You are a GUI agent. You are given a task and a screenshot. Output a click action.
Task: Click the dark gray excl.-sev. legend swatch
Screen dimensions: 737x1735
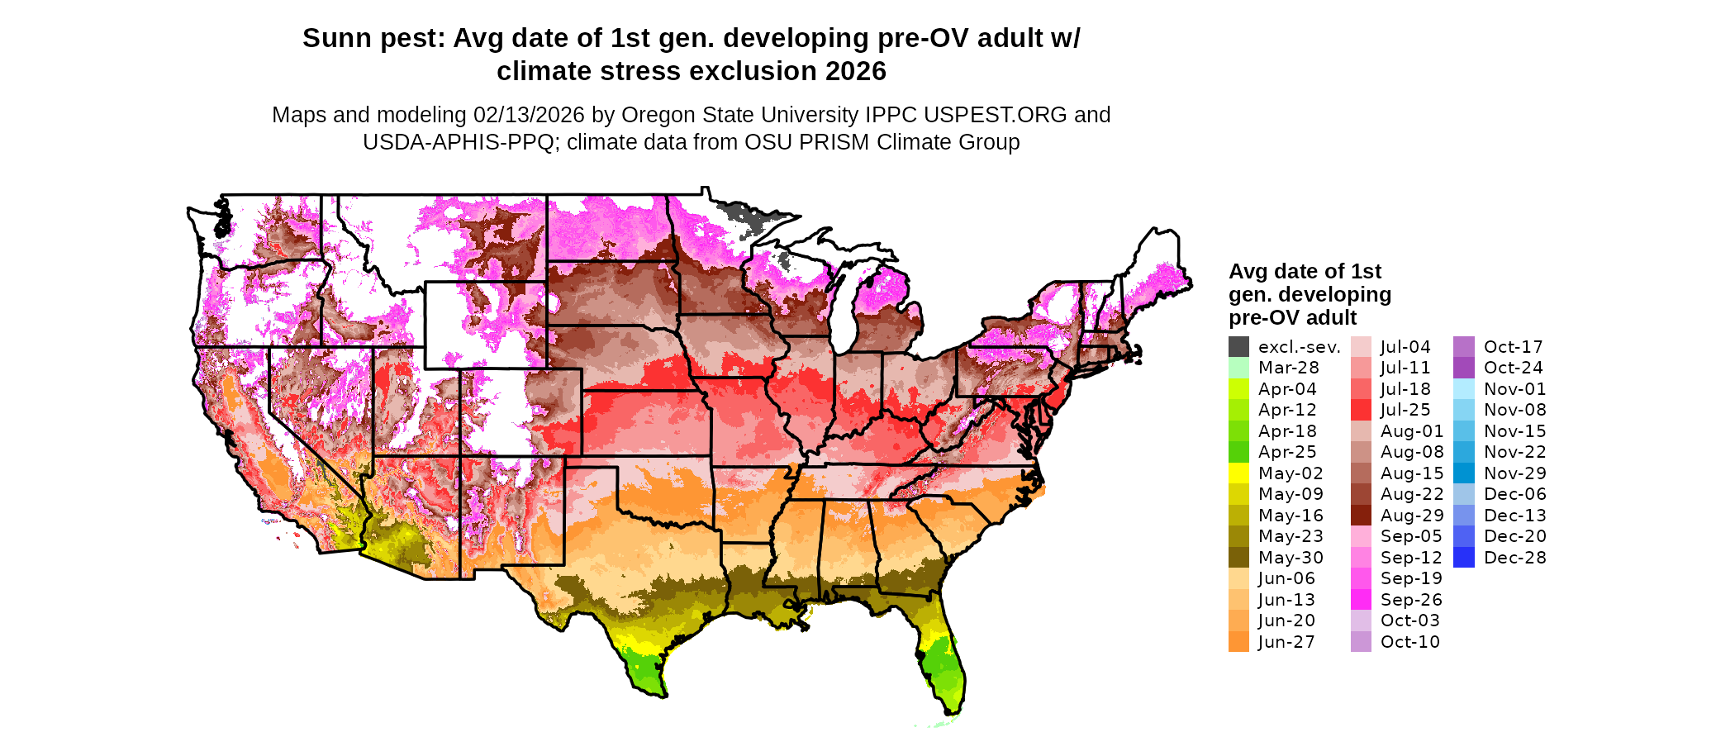tap(1238, 347)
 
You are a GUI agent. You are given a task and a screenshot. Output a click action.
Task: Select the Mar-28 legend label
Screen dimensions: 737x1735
tap(1288, 368)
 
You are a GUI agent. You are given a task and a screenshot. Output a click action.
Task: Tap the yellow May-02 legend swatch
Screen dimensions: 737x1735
tap(1238, 473)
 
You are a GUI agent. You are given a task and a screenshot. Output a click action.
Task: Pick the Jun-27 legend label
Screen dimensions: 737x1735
tap(1286, 642)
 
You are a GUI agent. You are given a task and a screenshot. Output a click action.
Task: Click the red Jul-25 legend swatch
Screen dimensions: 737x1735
tap(1361, 410)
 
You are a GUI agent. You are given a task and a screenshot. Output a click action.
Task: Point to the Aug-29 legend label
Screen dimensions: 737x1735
tap(1412, 516)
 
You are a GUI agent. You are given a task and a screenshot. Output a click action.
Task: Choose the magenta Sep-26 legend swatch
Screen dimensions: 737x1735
tap(1361, 600)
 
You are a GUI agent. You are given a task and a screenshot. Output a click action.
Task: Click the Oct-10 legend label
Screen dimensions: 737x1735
tap(1409, 642)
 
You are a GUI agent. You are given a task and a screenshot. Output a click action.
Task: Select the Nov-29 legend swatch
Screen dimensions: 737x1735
tap(1463, 473)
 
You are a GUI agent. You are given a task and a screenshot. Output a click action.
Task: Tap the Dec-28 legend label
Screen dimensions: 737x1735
tap(1514, 558)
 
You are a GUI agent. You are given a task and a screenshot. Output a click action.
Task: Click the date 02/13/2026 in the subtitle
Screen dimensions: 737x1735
tap(528, 115)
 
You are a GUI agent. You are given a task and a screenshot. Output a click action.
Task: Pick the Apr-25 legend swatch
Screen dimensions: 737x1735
tap(1238, 452)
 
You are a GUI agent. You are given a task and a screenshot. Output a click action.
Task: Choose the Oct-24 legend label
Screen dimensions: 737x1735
tap(1513, 368)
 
